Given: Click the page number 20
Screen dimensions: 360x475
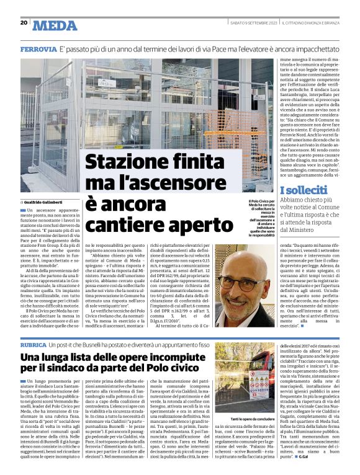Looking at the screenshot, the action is click(x=24, y=22).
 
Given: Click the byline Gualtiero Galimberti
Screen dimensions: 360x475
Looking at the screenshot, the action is click(x=48, y=202).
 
